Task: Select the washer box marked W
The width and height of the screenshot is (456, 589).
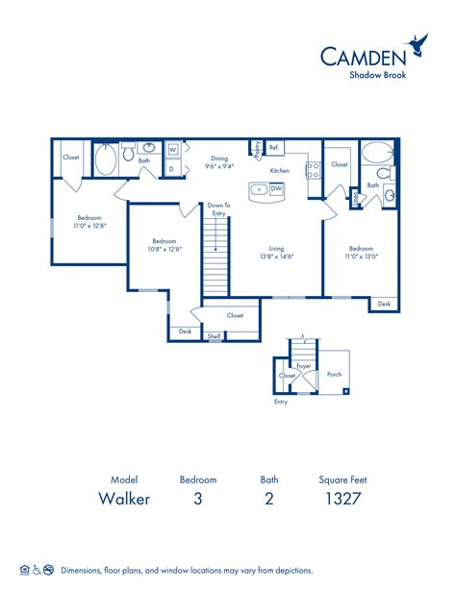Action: click(x=172, y=150)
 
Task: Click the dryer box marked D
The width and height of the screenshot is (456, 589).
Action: click(x=172, y=167)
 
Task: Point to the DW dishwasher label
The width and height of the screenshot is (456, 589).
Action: click(x=276, y=189)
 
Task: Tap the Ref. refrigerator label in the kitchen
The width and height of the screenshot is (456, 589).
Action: click(x=274, y=147)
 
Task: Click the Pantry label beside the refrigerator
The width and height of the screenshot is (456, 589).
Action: click(x=257, y=148)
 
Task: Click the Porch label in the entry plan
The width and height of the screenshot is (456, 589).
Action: click(x=335, y=375)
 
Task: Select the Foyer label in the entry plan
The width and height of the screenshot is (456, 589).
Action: click(x=304, y=366)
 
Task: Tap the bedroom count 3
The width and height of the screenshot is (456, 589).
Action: click(x=198, y=498)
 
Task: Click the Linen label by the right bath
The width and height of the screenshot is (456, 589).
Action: click(x=355, y=199)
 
